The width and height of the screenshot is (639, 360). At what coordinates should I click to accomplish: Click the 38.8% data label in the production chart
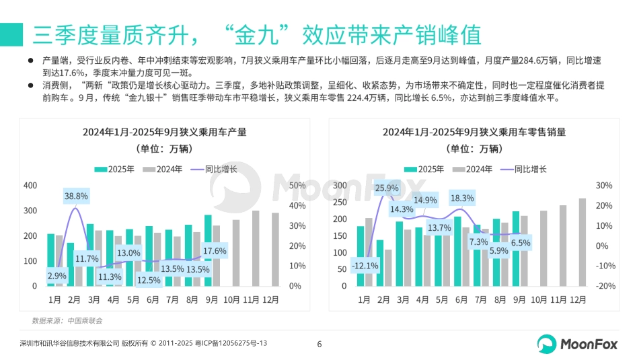click(x=76, y=196)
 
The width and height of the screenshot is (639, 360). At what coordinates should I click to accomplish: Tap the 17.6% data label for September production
click(x=214, y=251)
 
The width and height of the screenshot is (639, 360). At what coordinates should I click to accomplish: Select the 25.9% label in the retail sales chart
click(x=386, y=188)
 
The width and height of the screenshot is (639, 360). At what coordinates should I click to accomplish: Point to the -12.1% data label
click(x=365, y=266)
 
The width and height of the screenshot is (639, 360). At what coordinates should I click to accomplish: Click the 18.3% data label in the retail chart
click(x=462, y=199)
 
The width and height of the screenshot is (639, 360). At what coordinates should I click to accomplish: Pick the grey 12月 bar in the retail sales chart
click(x=582, y=244)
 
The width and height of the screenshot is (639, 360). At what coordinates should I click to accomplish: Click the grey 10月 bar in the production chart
click(x=236, y=252)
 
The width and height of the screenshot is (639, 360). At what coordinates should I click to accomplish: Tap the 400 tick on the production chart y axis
click(x=30, y=186)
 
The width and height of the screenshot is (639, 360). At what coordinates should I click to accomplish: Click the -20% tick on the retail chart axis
click(x=605, y=286)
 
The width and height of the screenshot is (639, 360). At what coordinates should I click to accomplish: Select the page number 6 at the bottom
click(x=319, y=345)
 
